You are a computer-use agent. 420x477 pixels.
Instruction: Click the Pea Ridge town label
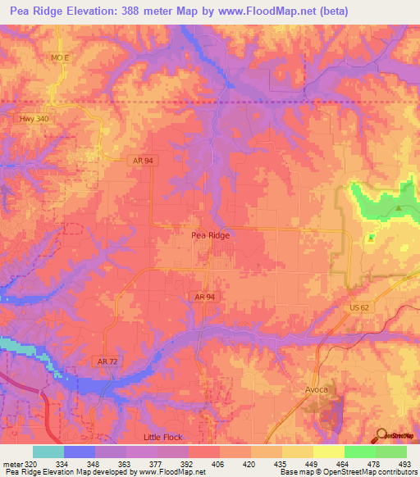click(x=210, y=234)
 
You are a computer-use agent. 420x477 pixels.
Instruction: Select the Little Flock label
click(x=166, y=438)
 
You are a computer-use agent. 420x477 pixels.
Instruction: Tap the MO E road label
click(x=59, y=58)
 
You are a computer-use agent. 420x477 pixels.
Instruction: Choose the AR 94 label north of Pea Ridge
click(x=141, y=161)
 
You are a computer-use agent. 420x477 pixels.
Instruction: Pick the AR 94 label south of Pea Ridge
click(x=205, y=296)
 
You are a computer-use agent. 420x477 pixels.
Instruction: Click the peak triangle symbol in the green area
click(x=399, y=208)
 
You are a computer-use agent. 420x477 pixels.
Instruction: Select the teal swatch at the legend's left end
click(x=48, y=452)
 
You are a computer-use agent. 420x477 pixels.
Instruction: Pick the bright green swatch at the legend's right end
click(x=390, y=452)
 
